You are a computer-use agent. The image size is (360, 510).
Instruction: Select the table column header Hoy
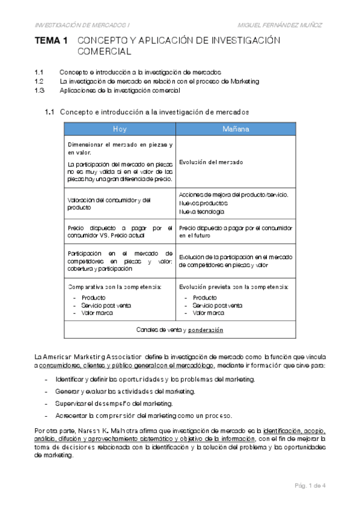(x=120, y=129)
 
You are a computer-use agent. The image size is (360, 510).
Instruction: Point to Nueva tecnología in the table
(x=202, y=212)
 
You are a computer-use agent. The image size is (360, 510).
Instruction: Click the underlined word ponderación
(x=206, y=330)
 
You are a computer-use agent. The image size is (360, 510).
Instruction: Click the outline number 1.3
(x=40, y=90)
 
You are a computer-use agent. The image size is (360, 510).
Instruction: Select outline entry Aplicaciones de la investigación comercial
(x=120, y=90)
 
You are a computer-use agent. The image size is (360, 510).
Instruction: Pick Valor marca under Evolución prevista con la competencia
(x=208, y=313)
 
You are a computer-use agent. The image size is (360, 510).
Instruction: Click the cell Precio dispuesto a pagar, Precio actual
(x=120, y=232)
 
